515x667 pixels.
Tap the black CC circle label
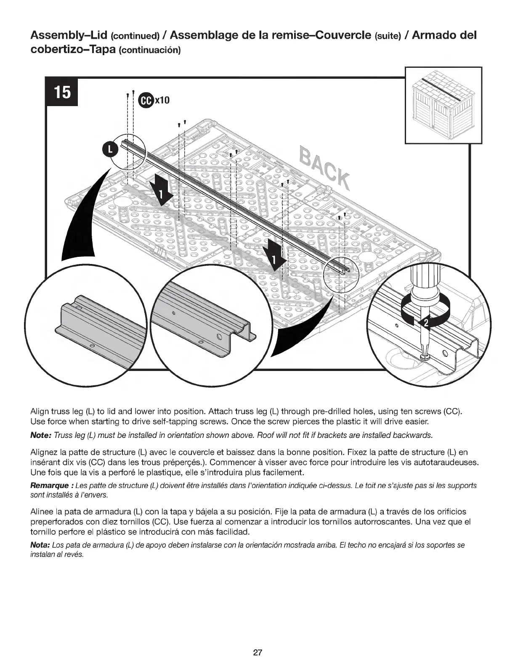(145, 100)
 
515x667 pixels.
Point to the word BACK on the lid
(324, 168)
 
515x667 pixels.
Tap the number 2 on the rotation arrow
(425, 323)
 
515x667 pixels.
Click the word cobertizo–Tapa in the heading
(73, 50)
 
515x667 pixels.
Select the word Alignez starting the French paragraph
(45, 453)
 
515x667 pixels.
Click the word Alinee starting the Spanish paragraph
(42, 512)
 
